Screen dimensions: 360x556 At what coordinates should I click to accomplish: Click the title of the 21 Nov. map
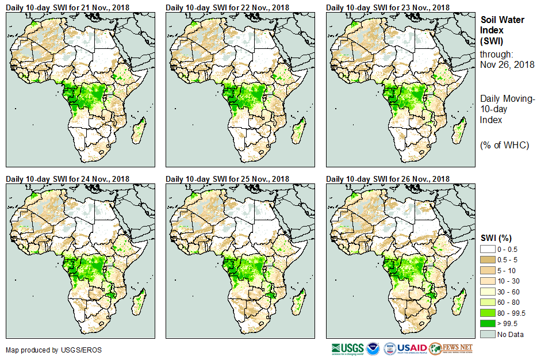68,7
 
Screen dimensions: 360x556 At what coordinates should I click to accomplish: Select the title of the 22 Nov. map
228,7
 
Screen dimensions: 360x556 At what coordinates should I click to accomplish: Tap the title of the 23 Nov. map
388,7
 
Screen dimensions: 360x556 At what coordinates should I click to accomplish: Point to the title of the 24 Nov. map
68,179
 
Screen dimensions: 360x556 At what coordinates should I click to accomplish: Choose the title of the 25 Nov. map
228,179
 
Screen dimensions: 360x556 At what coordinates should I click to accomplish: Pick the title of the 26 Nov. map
388,179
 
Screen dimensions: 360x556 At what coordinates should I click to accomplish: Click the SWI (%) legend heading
496,238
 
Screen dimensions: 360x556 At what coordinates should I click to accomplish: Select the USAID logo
412,348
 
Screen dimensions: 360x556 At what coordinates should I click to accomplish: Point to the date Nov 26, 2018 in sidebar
507,64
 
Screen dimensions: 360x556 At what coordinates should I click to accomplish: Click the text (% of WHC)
504,144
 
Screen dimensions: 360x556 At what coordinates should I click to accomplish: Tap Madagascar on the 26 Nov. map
459,300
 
